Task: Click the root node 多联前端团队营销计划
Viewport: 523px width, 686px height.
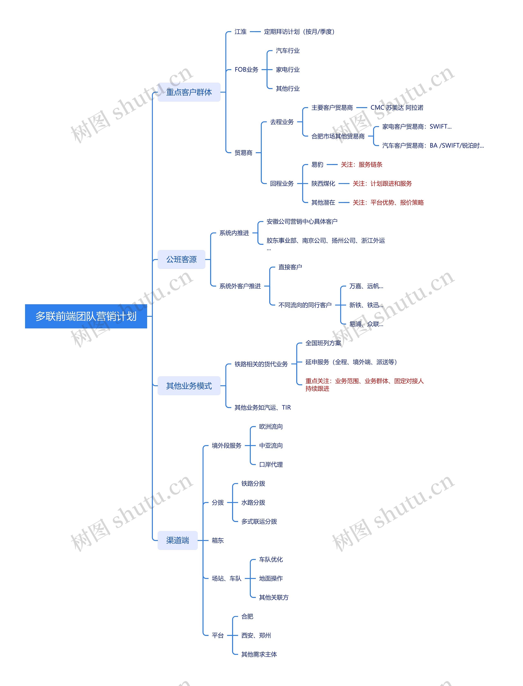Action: [86, 316]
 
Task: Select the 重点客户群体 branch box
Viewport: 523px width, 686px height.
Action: [189, 92]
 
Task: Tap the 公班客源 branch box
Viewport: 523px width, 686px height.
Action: [181, 259]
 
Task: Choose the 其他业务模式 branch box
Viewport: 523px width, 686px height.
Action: [189, 386]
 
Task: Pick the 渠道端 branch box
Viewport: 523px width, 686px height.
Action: [178, 540]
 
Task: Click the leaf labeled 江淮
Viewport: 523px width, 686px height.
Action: [240, 32]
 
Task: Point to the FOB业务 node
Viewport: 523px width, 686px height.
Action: [246, 70]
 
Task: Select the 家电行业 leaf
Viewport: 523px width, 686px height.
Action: [288, 70]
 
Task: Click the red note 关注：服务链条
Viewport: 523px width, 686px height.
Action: [361, 165]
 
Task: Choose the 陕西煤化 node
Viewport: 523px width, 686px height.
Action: [323, 184]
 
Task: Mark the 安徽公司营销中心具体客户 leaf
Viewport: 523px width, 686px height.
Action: [302, 222]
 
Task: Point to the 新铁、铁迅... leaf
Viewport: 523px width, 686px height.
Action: [366, 305]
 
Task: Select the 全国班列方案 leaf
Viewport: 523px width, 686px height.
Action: [323, 343]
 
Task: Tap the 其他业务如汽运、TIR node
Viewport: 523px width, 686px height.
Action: [263, 407]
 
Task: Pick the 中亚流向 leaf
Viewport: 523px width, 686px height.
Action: [271, 445]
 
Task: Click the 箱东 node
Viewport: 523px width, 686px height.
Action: [218, 540]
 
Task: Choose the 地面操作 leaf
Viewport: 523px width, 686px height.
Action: [271, 578]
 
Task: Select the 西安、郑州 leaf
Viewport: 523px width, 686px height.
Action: [256, 635]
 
